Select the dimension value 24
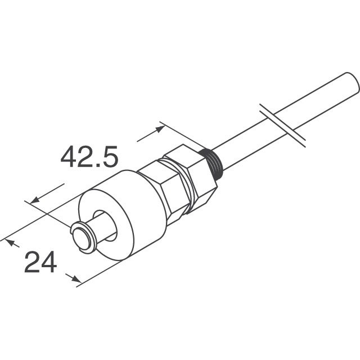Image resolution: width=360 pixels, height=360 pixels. click(40, 263)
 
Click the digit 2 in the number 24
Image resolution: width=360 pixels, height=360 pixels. click(31, 263)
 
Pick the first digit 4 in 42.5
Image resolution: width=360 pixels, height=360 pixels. click(69, 157)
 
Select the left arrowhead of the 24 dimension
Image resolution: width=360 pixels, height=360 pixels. click(10, 242)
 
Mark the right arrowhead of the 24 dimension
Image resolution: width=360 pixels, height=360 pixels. click(73, 277)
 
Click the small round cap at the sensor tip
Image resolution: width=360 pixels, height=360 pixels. click(83, 237)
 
